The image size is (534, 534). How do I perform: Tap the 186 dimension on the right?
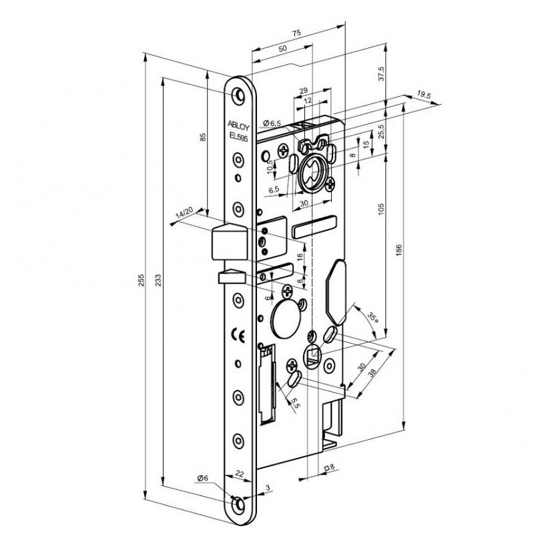pyautogui.click(x=398, y=250)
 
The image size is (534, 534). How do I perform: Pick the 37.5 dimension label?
pyautogui.click(x=381, y=73)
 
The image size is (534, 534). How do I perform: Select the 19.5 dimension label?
pyautogui.click(x=423, y=95)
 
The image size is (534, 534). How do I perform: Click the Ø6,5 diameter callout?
pyautogui.click(x=272, y=122)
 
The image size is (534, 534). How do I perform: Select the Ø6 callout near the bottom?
pyautogui.click(x=204, y=477)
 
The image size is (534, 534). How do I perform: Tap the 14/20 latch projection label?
pyautogui.click(x=184, y=213)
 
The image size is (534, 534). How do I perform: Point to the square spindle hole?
pyautogui.click(x=312, y=358)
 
